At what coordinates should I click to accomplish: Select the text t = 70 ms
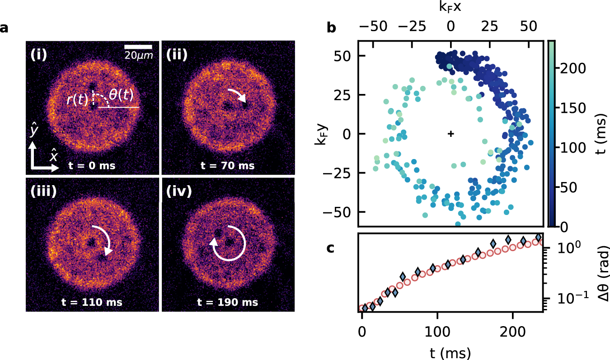point(228,165)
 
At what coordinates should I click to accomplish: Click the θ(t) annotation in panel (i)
point(119,95)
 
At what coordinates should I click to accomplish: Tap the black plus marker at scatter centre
point(450,134)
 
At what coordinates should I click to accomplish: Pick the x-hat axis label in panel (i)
point(54,157)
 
